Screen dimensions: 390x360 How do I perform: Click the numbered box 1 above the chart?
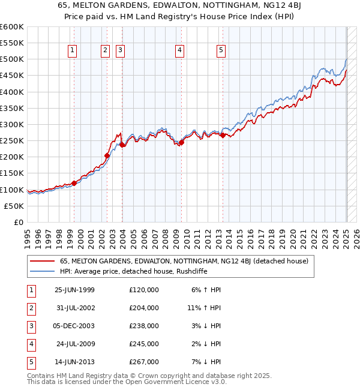click(72, 51)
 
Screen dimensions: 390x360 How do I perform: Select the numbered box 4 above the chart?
click(179, 51)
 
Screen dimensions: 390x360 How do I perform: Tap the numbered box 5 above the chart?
click(221, 51)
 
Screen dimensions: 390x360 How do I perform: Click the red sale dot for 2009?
click(181, 142)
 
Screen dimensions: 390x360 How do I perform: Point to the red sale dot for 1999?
click(74, 183)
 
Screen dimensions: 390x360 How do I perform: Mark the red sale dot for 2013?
click(223, 135)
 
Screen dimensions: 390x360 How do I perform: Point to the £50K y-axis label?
click(14, 206)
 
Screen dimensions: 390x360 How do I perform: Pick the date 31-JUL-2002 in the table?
click(74, 308)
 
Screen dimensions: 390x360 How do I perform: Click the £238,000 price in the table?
click(144, 326)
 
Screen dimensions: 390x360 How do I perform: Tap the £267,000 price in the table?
click(144, 362)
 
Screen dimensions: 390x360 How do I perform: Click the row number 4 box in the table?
click(31, 344)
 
